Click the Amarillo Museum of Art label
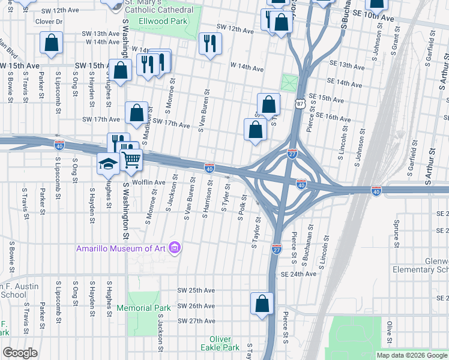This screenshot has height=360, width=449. click(121, 248)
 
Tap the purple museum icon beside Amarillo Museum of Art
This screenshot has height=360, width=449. click(175, 248)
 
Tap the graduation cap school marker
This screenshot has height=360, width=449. click(108, 164)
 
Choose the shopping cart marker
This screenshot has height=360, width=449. click(131, 160)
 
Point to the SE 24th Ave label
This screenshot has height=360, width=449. click(298, 274)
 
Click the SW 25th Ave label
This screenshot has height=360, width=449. click(196, 290)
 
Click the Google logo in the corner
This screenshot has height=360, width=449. click(20, 353)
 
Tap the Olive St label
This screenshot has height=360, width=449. click(390, 329)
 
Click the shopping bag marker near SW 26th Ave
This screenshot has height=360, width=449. click(262, 304)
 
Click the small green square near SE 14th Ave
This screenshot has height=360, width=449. click(290, 82)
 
